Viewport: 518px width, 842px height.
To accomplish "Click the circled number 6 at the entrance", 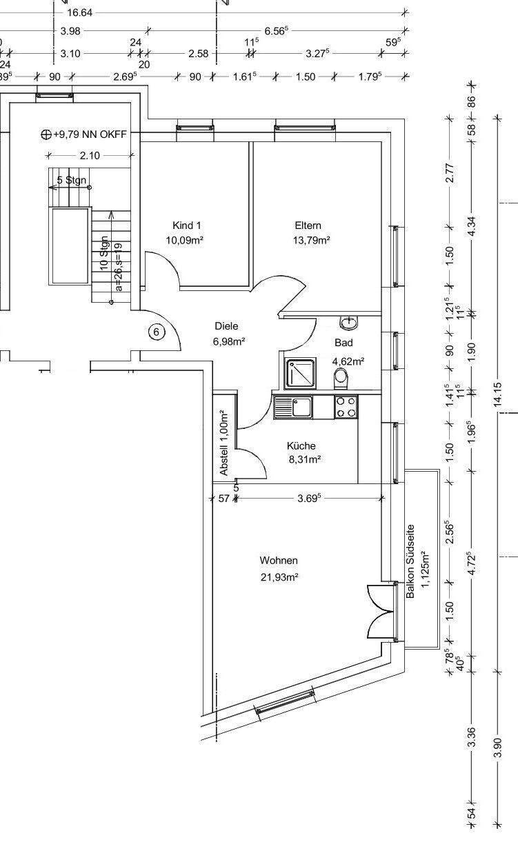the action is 157,332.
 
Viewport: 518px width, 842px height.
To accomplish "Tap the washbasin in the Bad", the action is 349,322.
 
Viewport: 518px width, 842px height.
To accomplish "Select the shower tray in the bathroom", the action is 300,373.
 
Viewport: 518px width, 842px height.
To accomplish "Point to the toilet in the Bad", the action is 341,379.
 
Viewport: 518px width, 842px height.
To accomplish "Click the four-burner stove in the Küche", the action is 346,407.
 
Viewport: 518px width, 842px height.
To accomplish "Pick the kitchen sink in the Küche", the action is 293,407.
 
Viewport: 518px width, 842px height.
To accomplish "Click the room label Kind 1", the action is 186,225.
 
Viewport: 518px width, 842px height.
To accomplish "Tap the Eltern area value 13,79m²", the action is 312,240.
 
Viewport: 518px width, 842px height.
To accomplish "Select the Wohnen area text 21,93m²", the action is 279,577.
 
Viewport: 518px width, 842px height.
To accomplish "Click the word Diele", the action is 226,326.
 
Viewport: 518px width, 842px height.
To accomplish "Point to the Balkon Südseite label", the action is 410,561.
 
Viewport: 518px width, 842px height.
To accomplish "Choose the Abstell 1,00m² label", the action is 224,443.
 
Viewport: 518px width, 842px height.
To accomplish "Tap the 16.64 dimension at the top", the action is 80,13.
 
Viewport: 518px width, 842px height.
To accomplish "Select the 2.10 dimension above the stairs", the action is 90,155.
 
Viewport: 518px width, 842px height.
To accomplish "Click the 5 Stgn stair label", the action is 72,180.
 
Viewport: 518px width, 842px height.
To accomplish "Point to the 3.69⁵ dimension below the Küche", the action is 309,499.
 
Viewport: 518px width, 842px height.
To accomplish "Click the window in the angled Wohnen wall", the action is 285,702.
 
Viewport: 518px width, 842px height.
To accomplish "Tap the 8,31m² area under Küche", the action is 304,459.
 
